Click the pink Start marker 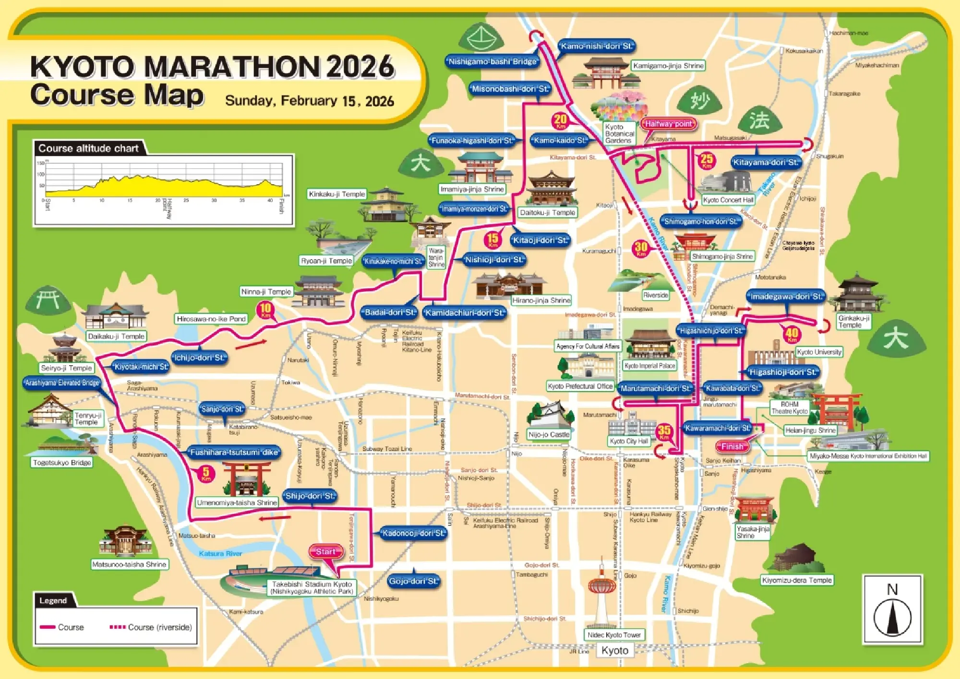[x=326, y=552]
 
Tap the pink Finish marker [x=732, y=446]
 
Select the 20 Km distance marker [x=561, y=120]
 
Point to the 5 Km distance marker [x=206, y=473]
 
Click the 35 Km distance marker [x=664, y=431]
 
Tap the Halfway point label [x=668, y=124]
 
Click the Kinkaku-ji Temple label [x=337, y=194]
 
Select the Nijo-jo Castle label [x=549, y=435]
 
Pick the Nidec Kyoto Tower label [x=614, y=635]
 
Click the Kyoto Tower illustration [x=601, y=595]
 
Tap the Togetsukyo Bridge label [x=62, y=463]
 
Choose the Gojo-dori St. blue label [x=414, y=581]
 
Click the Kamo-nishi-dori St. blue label [x=597, y=47]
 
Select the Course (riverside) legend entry [x=151, y=627]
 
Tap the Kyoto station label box [x=615, y=651]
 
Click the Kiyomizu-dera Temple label [x=797, y=580]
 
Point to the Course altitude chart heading [x=88, y=148]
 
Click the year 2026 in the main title [x=360, y=67]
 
